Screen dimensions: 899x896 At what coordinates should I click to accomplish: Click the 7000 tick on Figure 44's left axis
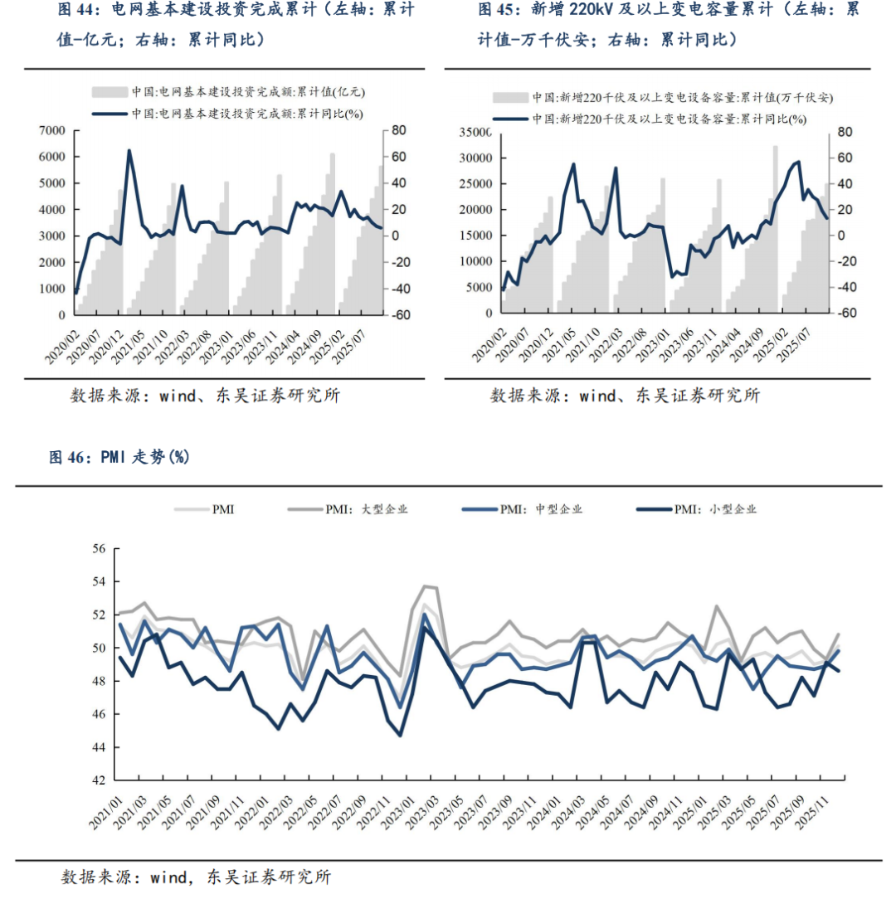click(x=51, y=130)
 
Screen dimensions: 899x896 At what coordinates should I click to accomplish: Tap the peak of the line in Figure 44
click(x=129, y=151)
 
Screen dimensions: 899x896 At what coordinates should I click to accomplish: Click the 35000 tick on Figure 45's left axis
click(x=475, y=133)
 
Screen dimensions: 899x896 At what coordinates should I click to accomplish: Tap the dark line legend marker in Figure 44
click(x=110, y=113)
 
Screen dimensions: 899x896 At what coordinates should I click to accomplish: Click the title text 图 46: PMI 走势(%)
click(x=119, y=457)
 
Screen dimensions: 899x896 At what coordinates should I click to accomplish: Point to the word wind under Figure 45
click(x=597, y=396)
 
